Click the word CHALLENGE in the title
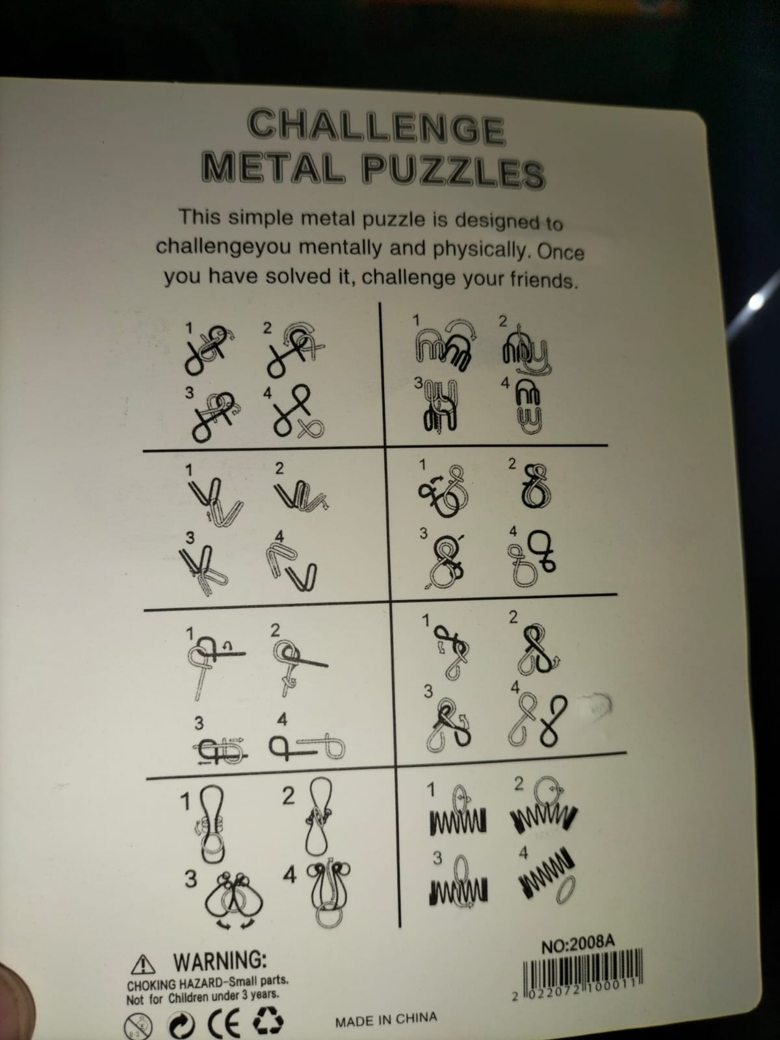tap(376, 127)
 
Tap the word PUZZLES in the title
tap(453, 172)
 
